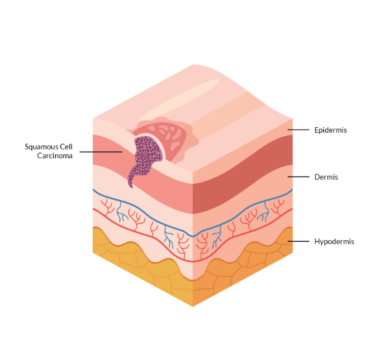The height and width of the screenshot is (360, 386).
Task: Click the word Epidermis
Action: (330, 130)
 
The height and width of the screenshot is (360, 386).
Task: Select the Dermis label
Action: (325, 177)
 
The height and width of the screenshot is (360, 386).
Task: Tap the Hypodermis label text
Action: (334, 241)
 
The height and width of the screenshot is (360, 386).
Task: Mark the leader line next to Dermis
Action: (298, 177)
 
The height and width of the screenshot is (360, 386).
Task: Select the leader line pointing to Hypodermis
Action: (298, 241)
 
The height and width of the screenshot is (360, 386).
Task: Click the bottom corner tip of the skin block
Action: (193, 305)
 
